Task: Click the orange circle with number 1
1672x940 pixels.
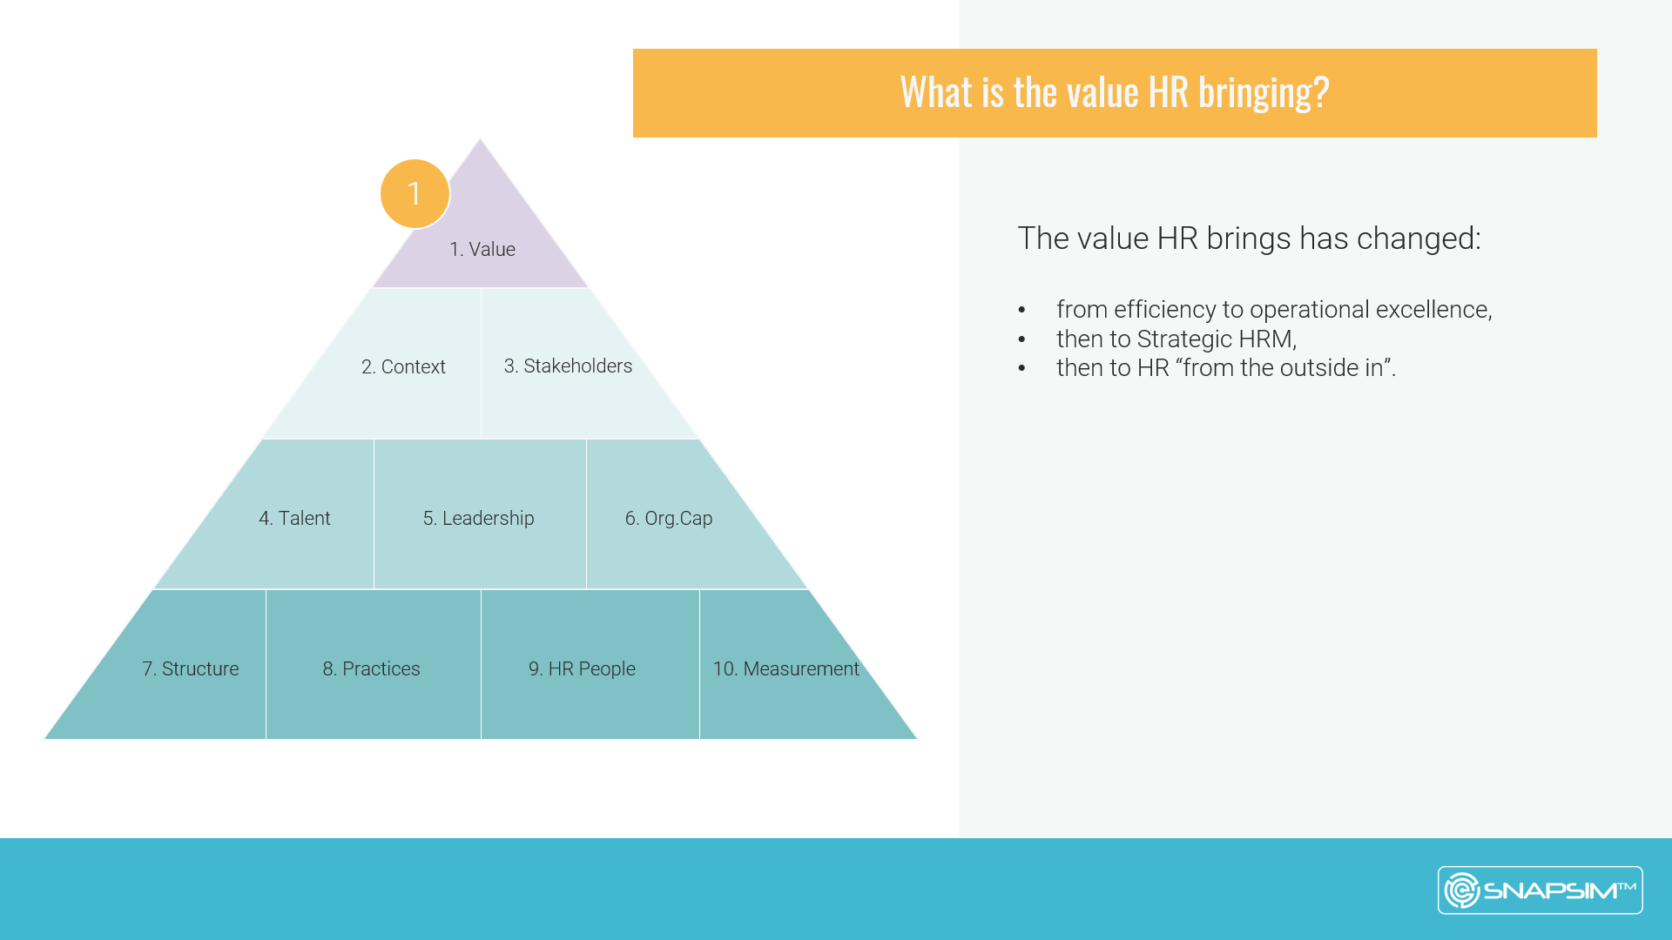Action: point(415,193)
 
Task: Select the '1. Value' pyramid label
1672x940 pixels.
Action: point(482,249)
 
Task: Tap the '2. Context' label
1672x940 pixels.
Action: point(403,366)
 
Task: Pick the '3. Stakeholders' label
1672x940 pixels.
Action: point(568,366)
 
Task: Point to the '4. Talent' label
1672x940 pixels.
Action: point(294,518)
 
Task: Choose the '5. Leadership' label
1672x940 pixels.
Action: point(478,518)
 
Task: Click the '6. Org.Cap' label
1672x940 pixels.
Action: point(669,518)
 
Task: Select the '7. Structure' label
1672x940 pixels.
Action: point(190,668)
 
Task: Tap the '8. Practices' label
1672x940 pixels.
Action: point(371,668)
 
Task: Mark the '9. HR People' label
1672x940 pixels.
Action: point(582,668)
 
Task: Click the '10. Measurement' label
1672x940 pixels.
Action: point(785,668)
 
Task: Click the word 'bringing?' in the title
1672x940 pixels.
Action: point(1264,92)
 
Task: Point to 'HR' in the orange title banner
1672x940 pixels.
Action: point(1168,91)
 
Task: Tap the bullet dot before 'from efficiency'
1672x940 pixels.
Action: point(1022,311)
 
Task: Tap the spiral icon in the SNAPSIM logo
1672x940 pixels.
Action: point(1462,890)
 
